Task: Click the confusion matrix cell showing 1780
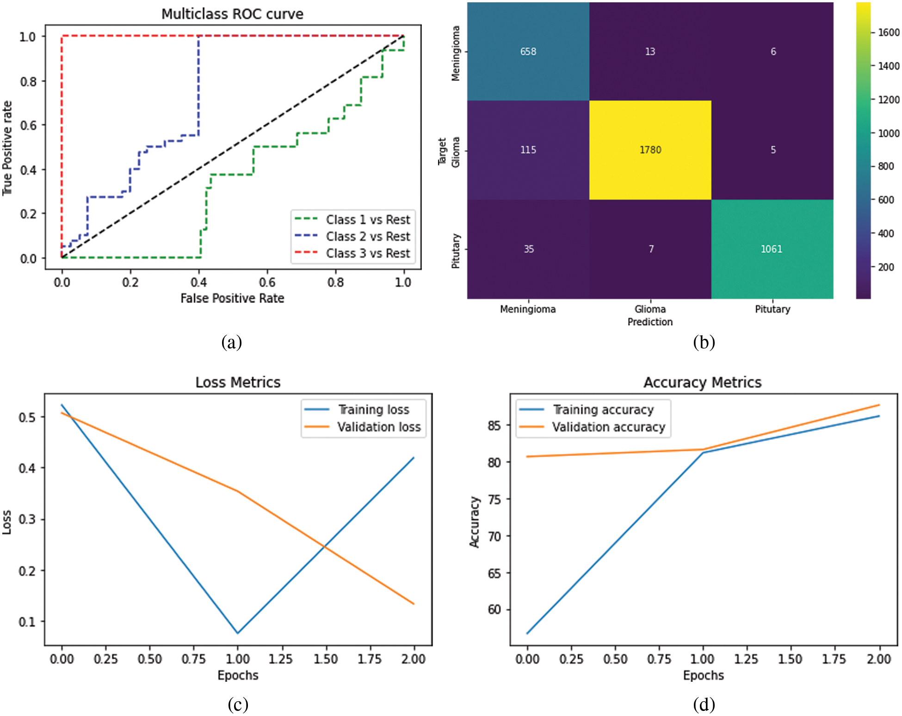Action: coord(650,150)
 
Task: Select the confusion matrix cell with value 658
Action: coord(528,51)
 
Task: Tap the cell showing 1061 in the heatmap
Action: coord(772,249)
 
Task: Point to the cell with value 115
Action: coord(528,150)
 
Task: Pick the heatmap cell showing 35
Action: coord(528,249)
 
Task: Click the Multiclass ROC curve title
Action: coord(232,14)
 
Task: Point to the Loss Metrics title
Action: coord(238,382)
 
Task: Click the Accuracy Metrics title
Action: coord(702,382)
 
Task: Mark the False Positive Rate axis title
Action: coord(232,298)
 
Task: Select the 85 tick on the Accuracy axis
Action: coord(494,425)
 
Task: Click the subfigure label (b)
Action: coord(704,342)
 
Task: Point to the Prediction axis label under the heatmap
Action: coord(650,322)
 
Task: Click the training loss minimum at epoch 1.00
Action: coord(238,633)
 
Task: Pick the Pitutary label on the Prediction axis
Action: coord(772,309)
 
